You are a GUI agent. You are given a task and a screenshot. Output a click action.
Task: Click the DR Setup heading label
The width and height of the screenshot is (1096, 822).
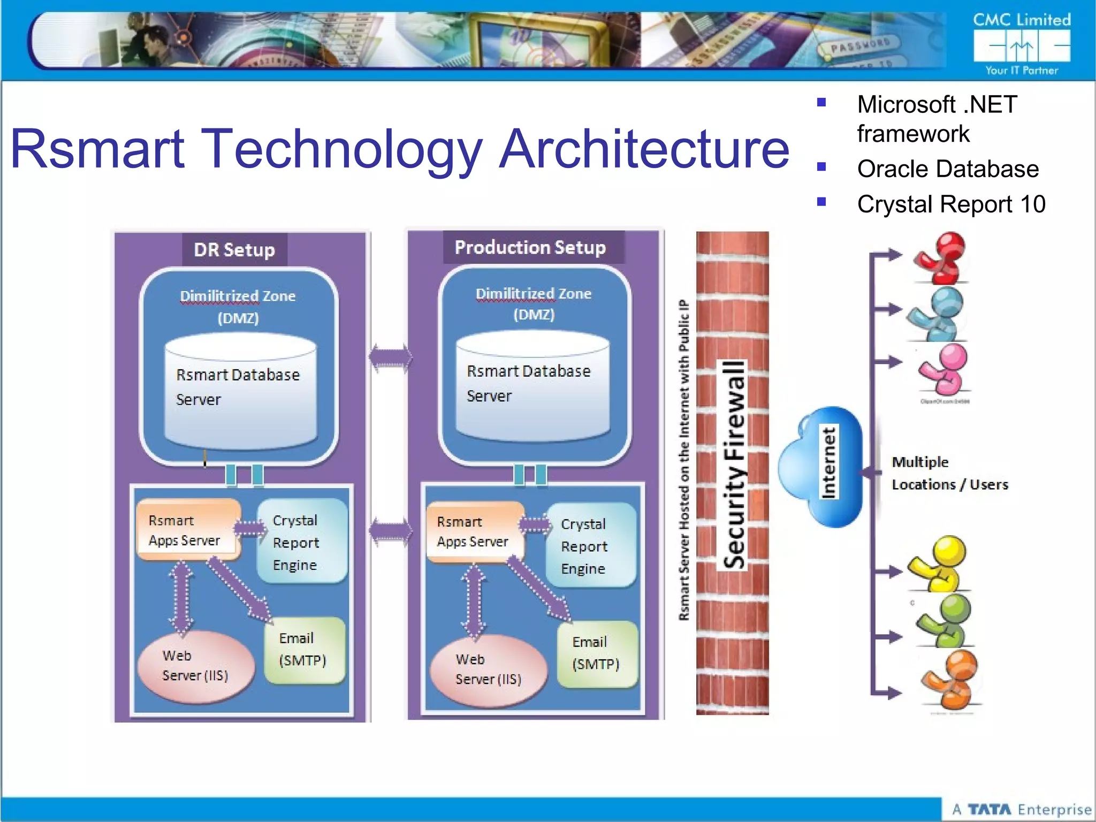(234, 249)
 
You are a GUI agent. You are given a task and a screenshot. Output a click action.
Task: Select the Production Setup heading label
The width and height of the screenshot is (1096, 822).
(530, 247)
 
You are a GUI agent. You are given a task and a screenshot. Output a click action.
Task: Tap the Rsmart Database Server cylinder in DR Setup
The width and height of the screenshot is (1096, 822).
(240, 391)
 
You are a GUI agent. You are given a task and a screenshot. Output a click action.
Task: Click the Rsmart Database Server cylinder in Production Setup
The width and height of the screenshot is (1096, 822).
(532, 387)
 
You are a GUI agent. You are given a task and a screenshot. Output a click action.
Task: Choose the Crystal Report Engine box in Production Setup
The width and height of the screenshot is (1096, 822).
(590, 546)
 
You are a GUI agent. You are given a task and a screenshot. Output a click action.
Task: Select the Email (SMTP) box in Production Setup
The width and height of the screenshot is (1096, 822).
(596, 653)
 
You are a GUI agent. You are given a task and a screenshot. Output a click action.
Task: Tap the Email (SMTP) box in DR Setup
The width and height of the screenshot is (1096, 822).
(303, 650)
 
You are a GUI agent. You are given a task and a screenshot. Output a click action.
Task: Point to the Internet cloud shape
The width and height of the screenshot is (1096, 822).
(821, 466)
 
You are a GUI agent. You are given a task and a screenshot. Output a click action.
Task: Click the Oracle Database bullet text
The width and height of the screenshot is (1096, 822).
(947, 169)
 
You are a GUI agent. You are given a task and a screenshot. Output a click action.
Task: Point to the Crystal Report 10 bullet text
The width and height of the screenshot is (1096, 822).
(951, 204)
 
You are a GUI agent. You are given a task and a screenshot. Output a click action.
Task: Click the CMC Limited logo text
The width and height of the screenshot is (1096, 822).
(1021, 20)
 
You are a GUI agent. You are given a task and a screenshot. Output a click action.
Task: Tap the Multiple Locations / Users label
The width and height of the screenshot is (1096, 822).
(949, 473)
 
